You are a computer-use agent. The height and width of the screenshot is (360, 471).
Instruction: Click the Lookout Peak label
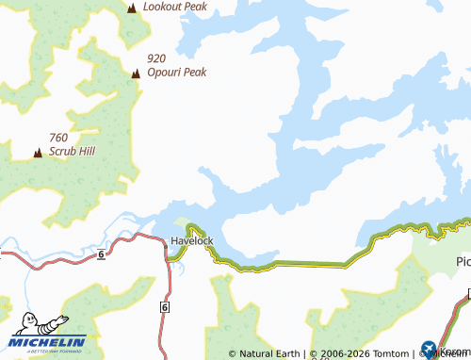point(175,6)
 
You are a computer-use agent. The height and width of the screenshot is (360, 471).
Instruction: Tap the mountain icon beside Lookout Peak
point(131,8)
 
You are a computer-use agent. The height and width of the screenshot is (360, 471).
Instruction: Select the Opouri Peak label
point(176,72)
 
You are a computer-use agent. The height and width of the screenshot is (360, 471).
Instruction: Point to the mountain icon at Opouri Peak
point(136,73)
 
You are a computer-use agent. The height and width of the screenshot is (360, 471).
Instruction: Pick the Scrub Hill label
point(73,151)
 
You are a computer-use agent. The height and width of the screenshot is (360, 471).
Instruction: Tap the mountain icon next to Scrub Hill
point(38,151)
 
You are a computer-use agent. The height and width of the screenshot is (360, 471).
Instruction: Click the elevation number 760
point(59,137)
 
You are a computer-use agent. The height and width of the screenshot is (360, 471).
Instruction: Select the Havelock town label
point(192,241)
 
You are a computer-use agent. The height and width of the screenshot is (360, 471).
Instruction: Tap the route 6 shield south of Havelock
point(165,307)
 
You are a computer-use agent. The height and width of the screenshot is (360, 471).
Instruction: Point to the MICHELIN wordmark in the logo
point(48,341)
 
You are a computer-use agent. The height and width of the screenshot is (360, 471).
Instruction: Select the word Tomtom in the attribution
point(391,354)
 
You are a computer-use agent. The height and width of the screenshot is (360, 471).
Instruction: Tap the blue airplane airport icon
point(430,349)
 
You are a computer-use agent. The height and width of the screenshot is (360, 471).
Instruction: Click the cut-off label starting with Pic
point(463,260)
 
